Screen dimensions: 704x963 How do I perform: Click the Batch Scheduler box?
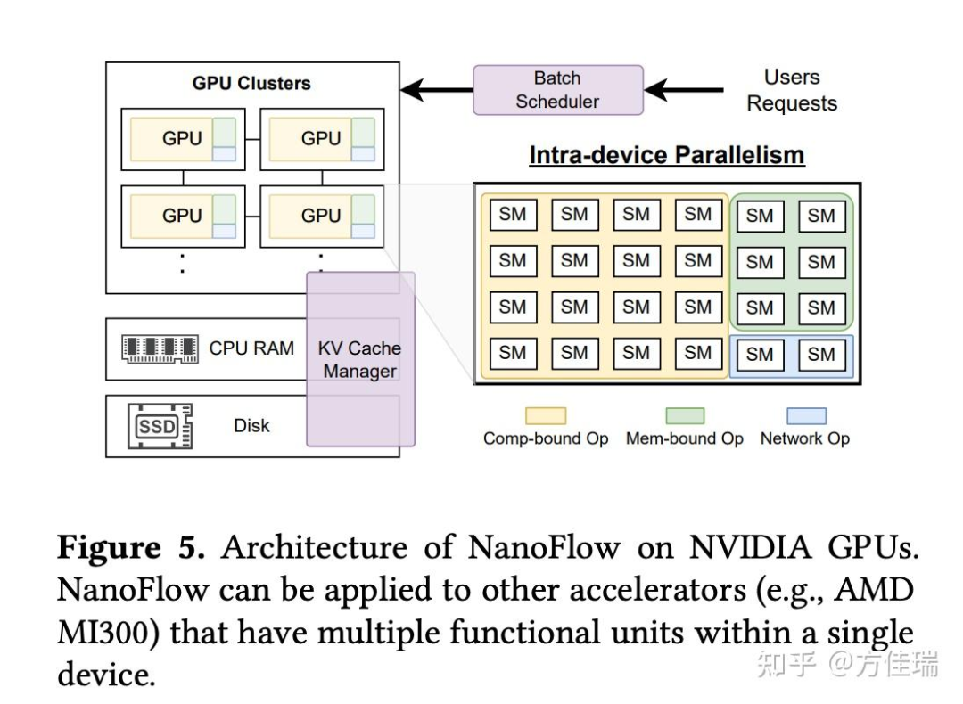[x=557, y=90]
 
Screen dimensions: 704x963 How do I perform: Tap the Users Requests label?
[x=792, y=90]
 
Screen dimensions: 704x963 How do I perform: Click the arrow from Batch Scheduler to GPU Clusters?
[x=436, y=90]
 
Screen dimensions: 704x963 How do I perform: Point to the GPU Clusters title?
[x=251, y=83]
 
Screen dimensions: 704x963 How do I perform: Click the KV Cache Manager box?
[x=360, y=359]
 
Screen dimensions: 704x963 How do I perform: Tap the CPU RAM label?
[x=251, y=348]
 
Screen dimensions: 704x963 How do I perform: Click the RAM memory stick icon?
[x=160, y=348]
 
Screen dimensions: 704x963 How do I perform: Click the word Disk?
[x=251, y=426]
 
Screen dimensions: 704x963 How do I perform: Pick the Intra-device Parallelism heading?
[x=666, y=155]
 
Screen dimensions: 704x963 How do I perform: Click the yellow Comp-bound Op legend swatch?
[x=546, y=416]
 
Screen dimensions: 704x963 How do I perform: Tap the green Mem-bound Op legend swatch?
[x=684, y=416]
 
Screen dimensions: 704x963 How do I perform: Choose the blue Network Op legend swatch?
[x=805, y=416]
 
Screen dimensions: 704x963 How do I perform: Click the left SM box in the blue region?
[x=760, y=354]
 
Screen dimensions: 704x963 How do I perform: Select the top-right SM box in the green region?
[x=821, y=216]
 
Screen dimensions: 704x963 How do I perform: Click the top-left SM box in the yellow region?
[x=513, y=215]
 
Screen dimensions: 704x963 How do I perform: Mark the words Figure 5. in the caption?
[x=131, y=547]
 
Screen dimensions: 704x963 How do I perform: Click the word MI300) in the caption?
[x=109, y=634]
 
